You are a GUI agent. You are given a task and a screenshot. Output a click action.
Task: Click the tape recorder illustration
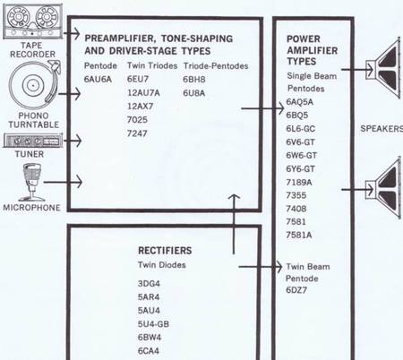32,21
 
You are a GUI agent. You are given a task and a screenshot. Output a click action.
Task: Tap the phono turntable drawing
33,85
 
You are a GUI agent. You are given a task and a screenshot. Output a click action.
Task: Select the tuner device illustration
33,141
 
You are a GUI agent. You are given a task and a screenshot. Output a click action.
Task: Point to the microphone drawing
31,182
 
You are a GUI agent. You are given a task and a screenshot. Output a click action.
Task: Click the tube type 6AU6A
98,80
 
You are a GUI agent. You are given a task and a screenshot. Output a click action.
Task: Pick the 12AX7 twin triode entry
140,107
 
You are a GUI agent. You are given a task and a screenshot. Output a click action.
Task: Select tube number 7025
137,120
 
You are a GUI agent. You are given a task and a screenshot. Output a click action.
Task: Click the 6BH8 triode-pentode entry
194,80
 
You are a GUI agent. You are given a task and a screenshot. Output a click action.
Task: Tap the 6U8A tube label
194,93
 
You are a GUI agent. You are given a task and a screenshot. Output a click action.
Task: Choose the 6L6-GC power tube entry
301,129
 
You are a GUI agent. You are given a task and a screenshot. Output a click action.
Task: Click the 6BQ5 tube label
297,116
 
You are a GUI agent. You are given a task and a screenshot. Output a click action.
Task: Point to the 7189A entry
299,182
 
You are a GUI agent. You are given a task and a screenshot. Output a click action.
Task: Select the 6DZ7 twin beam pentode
296,290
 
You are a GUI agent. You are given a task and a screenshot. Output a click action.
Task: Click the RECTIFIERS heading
165,251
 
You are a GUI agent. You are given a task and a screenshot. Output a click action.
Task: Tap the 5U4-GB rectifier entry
153,324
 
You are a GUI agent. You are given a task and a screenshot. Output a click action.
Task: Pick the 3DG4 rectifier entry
149,283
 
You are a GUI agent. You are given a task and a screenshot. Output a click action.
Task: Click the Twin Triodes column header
152,65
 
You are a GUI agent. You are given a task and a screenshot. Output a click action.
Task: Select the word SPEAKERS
382,129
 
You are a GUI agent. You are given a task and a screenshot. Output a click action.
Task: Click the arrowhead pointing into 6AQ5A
281,108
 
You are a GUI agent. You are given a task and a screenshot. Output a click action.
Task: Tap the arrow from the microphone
63,182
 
